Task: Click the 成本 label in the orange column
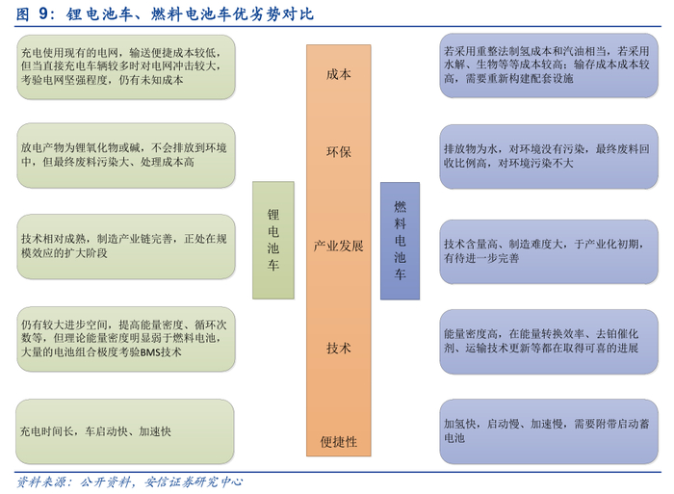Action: click(339, 74)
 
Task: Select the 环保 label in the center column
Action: click(339, 152)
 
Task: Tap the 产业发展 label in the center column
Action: click(339, 246)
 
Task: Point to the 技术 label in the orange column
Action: click(339, 347)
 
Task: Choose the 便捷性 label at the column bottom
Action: click(339, 441)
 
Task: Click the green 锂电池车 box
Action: click(272, 240)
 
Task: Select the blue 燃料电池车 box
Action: click(400, 240)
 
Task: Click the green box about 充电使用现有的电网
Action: click(126, 66)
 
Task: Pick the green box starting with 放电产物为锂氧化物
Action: click(126, 155)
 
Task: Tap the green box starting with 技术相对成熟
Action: click(126, 246)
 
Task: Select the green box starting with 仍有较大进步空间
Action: click(126, 338)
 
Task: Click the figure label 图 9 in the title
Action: click(37, 15)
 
